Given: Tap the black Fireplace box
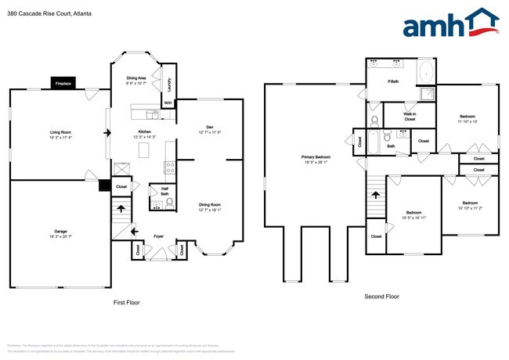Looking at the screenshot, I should click(x=63, y=83).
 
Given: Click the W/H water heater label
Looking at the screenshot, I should click(x=167, y=103).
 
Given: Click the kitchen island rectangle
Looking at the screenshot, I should click(x=143, y=149).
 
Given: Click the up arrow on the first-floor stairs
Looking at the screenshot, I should click(x=121, y=207).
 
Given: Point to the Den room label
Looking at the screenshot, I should click(x=209, y=128).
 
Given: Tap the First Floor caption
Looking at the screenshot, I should click(x=126, y=302).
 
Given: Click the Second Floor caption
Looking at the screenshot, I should click(x=381, y=297).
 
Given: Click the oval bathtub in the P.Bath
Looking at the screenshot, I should click(x=425, y=74).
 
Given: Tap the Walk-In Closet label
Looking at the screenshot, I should click(x=410, y=116).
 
